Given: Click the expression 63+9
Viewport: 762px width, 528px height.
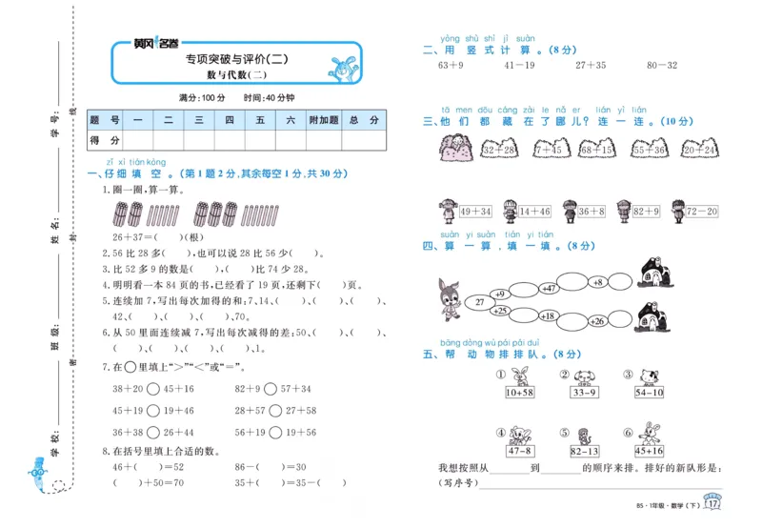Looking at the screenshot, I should click(x=450, y=66).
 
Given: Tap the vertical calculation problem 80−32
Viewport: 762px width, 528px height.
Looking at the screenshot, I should click(x=661, y=66).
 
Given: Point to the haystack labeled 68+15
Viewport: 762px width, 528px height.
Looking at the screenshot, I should click(x=596, y=151).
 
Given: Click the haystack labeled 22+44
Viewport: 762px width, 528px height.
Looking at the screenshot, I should click(x=698, y=151).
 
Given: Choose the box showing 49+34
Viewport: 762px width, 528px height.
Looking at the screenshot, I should click(x=474, y=212).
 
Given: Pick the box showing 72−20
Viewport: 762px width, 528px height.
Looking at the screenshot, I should click(x=701, y=212).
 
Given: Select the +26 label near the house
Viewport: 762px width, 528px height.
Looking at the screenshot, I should click(x=596, y=321).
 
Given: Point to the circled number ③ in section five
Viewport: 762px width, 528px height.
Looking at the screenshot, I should click(x=629, y=375).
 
